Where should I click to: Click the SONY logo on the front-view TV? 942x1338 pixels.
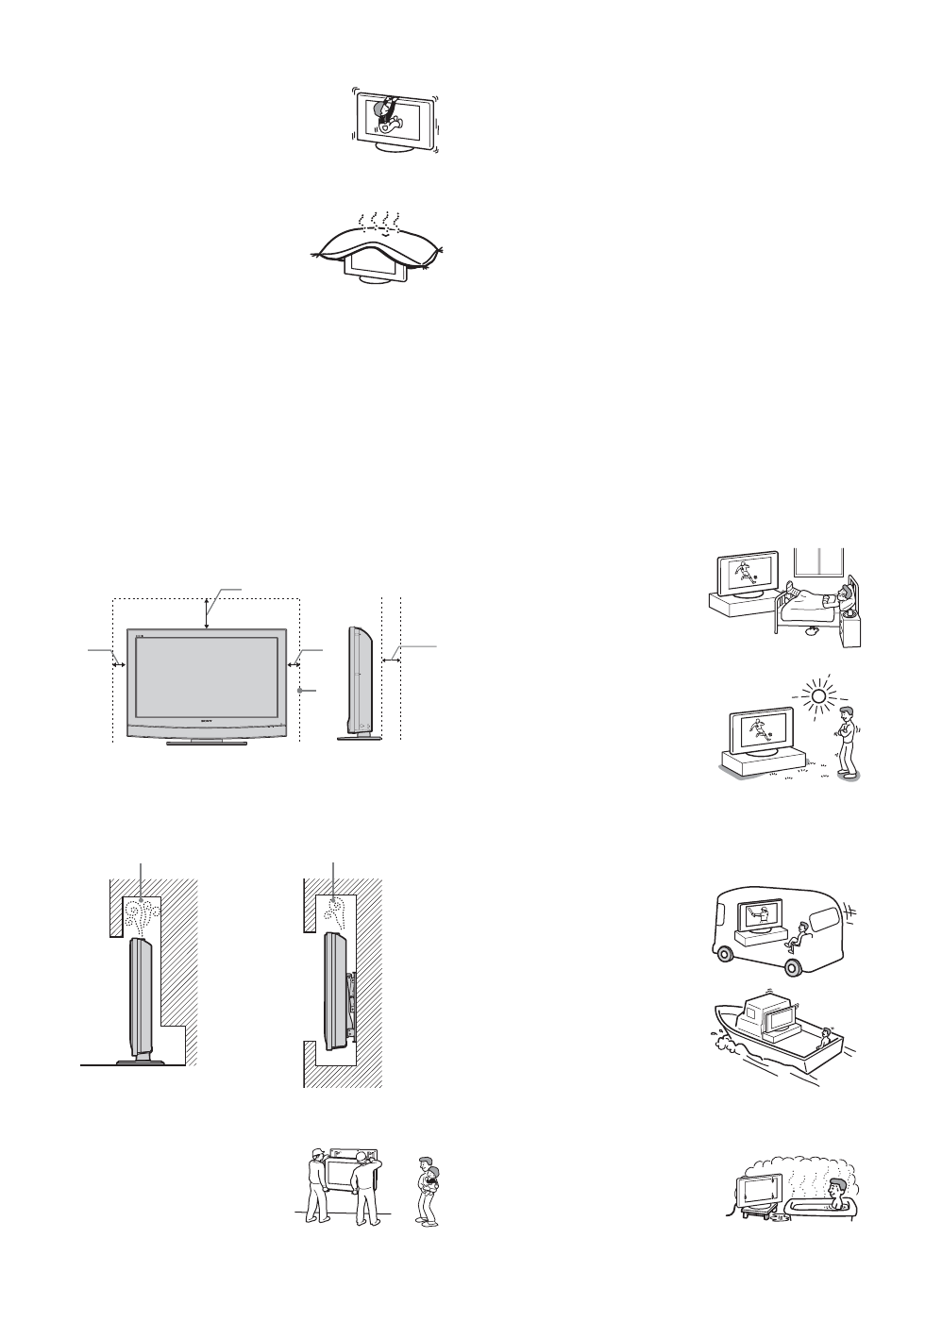[207, 720]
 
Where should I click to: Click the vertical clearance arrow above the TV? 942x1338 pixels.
[207, 612]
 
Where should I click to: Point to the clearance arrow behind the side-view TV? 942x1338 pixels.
[391, 661]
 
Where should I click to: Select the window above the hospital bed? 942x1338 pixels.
[817, 563]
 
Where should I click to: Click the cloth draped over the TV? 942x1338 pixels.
[378, 248]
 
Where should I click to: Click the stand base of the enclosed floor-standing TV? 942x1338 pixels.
[139, 1060]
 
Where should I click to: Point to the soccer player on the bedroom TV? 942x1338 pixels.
[745, 575]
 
